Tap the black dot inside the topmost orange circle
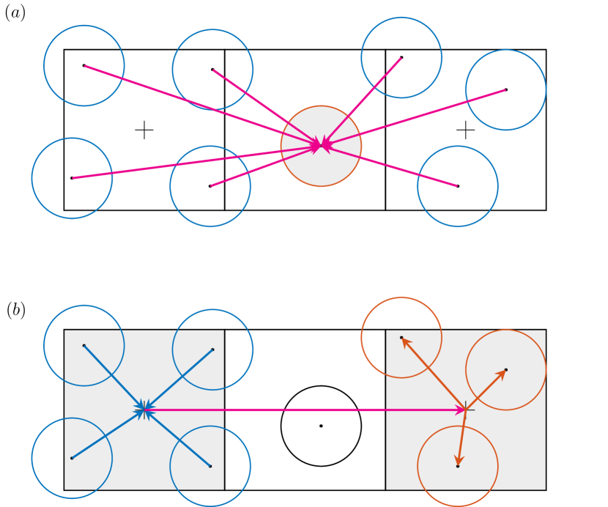401,338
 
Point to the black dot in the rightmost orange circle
505,370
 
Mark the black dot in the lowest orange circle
458,466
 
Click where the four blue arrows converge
144,410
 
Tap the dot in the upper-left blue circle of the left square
84,345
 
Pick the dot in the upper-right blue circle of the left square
212,349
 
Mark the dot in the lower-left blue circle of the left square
72,458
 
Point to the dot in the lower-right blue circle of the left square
210,466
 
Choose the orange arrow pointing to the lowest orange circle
461,438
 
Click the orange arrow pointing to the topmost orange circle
433,374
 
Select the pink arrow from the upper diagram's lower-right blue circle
392,166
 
